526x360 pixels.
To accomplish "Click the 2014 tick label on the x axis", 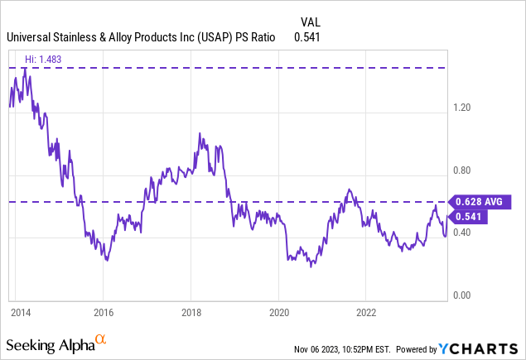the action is (x=21, y=312).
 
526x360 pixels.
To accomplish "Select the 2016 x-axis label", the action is (x=104, y=312).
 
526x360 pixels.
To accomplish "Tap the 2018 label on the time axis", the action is (x=191, y=312).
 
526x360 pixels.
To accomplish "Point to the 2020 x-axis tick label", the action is (x=279, y=312).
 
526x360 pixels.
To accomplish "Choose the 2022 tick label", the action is (x=366, y=312).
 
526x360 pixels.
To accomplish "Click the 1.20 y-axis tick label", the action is (x=462, y=108).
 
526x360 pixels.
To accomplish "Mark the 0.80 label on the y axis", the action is (x=462, y=170).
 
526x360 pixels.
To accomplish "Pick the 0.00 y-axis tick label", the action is (x=462, y=295).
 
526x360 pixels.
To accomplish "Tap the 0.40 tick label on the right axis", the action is (x=462, y=232).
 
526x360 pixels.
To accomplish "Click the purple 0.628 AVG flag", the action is (x=480, y=202).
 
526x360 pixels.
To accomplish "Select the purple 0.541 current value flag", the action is (x=468, y=217).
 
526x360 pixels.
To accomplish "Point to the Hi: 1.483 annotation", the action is (x=43, y=60).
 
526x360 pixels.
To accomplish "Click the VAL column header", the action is (x=311, y=22).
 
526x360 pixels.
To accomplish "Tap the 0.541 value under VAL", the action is (x=307, y=37).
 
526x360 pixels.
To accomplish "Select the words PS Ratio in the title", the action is (x=255, y=37).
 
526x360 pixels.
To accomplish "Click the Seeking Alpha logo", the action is (x=56, y=344).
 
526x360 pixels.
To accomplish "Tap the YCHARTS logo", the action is (x=478, y=349).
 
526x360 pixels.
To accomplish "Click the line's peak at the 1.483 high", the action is (x=25, y=69).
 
